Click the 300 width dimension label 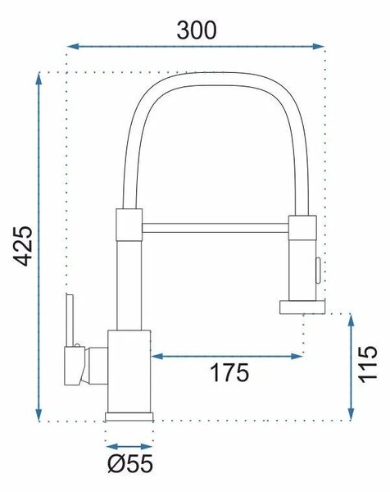pyautogui.click(x=197, y=30)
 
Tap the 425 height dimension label pyautogui.click(x=23, y=246)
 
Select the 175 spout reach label pyautogui.click(x=229, y=372)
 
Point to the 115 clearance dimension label pyautogui.click(x=368, y=364)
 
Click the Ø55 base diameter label pyautogui.click(x=130, y=463)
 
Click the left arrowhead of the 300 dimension pyautogui.click(x=73, y=47)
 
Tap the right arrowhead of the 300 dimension pyautogui.click(x=318, y=47)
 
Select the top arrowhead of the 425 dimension pyautogui.click(x=39, y=79)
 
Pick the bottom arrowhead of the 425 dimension pyautogui.click(x=39, y=414)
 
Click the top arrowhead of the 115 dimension pyautogui.click(x=351, y=320)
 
